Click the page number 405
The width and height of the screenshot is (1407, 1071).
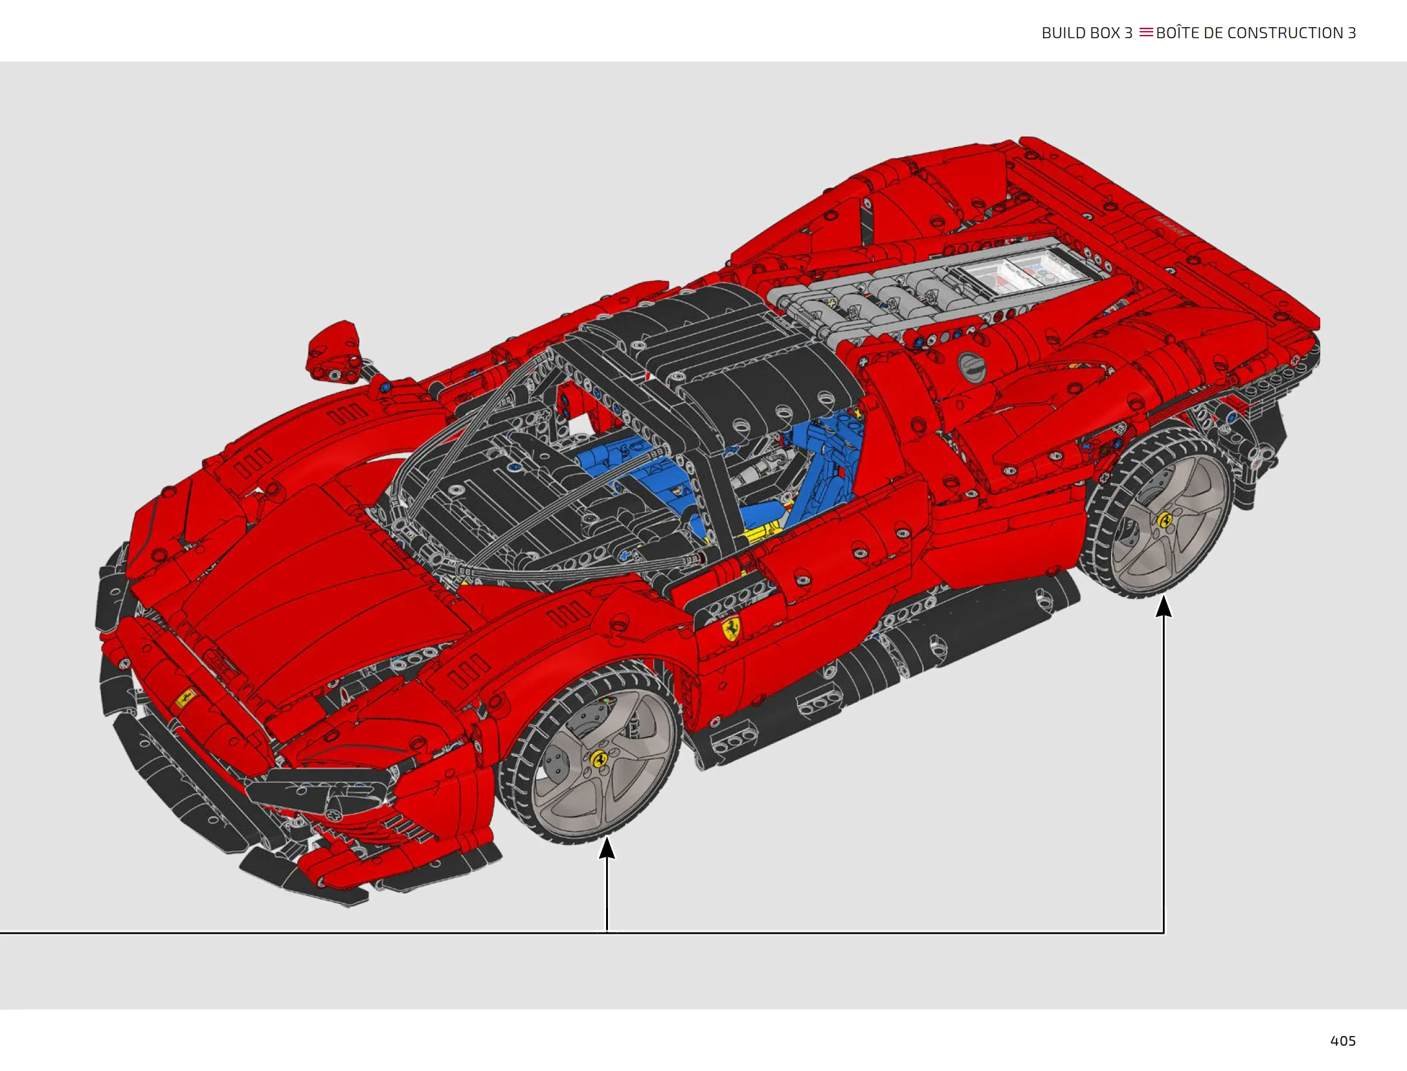pyautogui.click(x=1342, y=1041)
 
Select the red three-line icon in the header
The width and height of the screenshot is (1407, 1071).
pyautogui.click(x=1146, y=32)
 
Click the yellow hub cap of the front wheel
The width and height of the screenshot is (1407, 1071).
pyautogui.click(x=599, y=758)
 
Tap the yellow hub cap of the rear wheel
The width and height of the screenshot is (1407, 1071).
pyautogui.click(x=1165, y=520)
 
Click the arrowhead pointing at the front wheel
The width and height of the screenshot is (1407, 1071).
pyautogui.click(x=607, y=848)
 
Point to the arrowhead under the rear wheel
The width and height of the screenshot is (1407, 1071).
pyautogui.click(x=1164, y=606)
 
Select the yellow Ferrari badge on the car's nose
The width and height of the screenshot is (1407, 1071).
pyautogui.click(x=185, y=698)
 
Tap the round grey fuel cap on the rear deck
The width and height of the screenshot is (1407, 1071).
pyautogui.click(x=971, y=368)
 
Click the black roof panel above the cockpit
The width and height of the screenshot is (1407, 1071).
pyautogui.click(x=712, y=363)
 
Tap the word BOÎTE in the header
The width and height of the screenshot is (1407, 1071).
pyautogui.click(x=1177, y=32)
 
